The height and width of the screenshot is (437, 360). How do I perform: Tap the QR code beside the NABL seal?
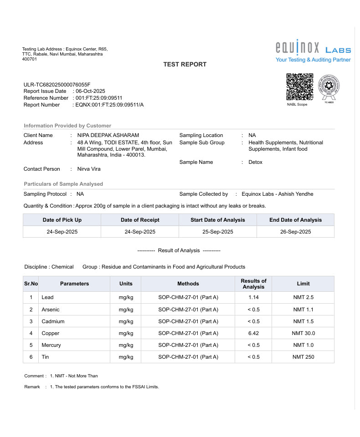[299, 86]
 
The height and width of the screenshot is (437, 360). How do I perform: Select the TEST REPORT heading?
[185, 65]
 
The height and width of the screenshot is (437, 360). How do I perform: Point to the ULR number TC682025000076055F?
[57, 85]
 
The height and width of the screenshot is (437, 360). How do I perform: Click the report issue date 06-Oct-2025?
[90, 91]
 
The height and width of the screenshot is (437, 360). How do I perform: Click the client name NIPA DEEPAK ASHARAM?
[108, 135]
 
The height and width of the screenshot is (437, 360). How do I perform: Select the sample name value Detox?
[255, 162]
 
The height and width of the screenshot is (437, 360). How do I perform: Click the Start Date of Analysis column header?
[217, 220]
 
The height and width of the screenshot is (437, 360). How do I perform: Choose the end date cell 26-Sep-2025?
[295, 232]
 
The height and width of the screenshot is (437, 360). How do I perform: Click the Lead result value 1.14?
[253, 297]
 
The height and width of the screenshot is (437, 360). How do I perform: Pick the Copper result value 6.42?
[253, 333]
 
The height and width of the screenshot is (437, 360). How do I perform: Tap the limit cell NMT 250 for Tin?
[303, 357]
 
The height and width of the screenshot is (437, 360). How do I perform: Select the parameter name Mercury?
[51, 345]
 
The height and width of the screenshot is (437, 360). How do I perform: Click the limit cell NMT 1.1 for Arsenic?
[303, 310]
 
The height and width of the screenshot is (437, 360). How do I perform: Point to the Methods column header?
[188, 284]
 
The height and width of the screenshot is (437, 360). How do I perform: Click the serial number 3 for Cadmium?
[31, 321]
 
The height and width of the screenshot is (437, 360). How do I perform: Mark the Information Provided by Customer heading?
[67, 126]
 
